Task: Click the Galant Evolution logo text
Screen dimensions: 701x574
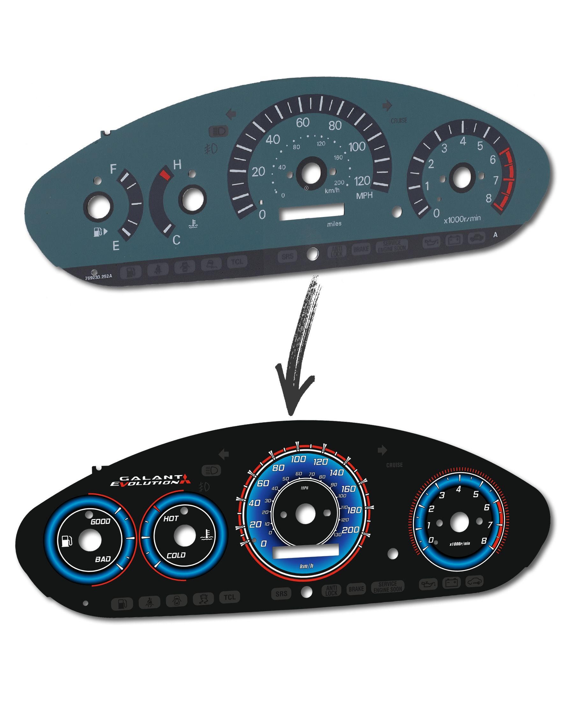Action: [150, 481]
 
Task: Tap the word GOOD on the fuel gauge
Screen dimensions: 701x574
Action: [100, 522]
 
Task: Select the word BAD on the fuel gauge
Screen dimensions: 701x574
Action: [103, 559]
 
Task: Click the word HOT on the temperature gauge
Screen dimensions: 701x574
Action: [171, 518]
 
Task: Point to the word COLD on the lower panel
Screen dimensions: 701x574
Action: [176, 555]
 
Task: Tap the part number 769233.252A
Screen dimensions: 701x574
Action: [98, 277]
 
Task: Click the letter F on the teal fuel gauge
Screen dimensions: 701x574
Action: [113, 169]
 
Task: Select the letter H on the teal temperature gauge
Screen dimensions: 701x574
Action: [177, 165]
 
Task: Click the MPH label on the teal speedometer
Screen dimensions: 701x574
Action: [364, 196]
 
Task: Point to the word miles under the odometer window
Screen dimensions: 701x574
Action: [334, 224]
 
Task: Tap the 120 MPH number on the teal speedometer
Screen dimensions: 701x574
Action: [362, 181]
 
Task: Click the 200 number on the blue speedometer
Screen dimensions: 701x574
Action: [351, 530]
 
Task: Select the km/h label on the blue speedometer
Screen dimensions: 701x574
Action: [307, 566]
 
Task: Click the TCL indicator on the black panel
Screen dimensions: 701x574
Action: [229, 597]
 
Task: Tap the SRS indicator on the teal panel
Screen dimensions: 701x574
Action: [287, 256]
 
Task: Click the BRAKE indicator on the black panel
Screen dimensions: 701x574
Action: [356, 589]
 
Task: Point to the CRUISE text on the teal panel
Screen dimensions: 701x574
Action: [399, 121]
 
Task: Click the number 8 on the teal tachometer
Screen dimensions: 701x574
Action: [488, 198]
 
